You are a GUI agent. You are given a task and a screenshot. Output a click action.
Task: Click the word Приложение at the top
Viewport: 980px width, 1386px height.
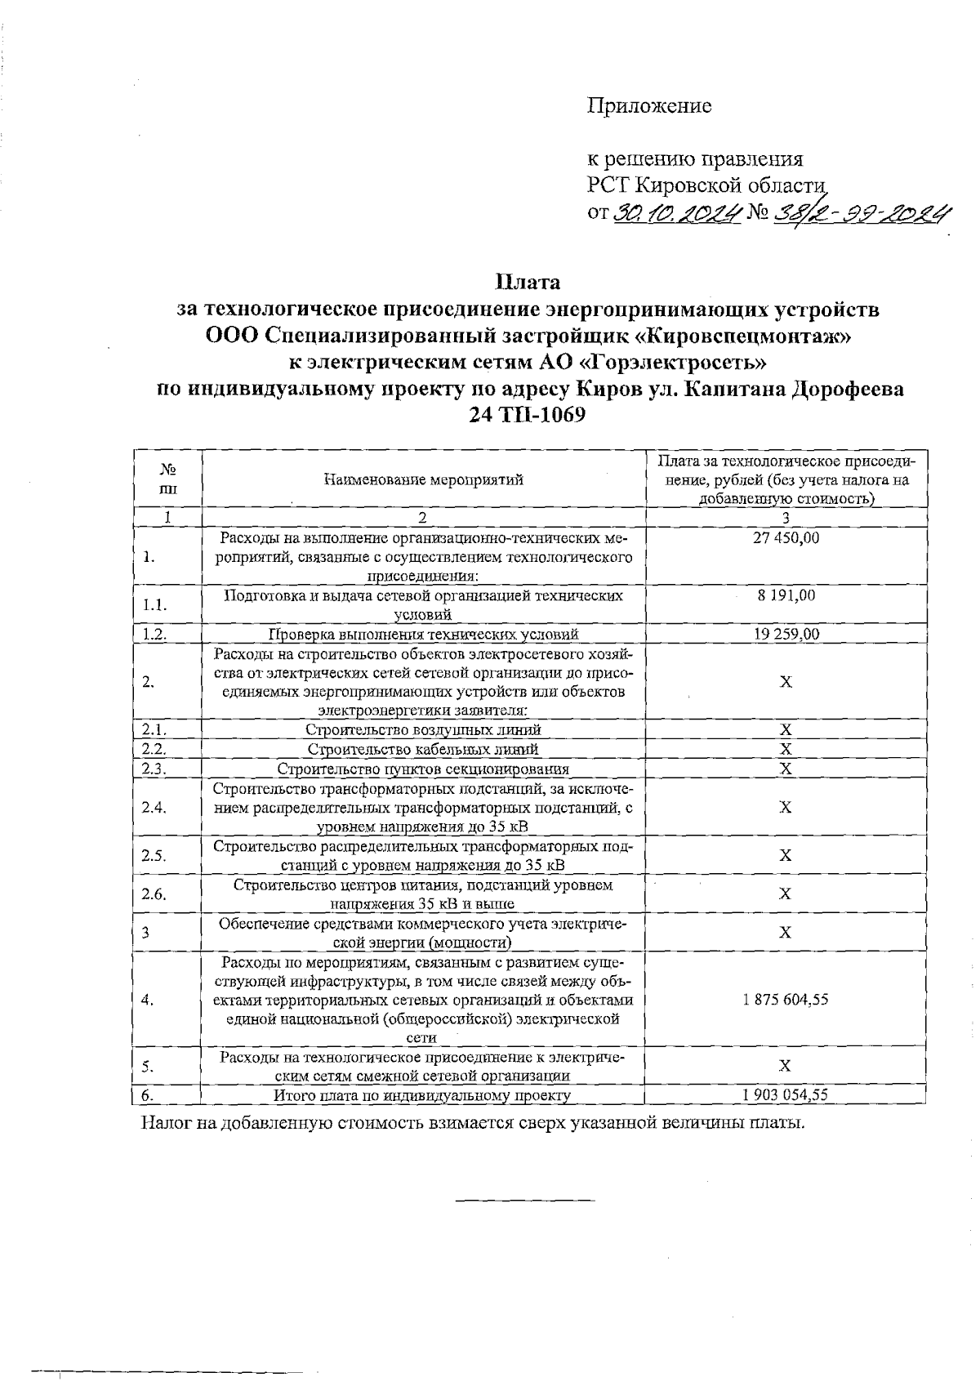[649, 106]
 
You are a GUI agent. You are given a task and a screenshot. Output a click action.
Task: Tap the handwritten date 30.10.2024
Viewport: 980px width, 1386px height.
[676, 213]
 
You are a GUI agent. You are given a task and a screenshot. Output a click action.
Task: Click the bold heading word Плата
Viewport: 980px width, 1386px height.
[528, 283]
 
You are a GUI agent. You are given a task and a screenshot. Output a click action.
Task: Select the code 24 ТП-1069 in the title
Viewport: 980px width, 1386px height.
[528, 415]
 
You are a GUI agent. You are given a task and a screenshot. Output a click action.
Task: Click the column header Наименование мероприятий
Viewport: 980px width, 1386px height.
[423, 479]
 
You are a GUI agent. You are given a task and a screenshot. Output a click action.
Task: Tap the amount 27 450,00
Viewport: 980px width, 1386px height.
[786, 538]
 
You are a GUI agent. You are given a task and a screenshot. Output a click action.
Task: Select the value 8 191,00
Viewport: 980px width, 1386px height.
[786, 595]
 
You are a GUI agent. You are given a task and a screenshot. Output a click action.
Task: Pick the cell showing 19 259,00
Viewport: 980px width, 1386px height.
[786, 634]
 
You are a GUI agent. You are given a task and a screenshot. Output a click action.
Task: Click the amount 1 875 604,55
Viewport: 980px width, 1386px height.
[786, 1000]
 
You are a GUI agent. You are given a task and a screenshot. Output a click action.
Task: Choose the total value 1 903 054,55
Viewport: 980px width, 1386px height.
[786, 1095]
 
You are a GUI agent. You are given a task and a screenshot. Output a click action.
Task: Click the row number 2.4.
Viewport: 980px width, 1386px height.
[154, 807]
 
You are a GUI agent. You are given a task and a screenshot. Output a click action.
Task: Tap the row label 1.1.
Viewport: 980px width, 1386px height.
[154, 605]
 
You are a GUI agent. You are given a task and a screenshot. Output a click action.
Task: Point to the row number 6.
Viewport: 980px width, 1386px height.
[148, 1095]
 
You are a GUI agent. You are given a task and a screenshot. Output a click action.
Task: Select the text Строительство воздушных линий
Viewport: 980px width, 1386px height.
[423, 730]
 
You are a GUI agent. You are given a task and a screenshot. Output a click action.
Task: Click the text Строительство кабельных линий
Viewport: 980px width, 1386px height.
[423, 749]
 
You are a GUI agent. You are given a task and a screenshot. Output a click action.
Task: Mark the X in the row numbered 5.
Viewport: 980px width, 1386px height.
[785, 1066]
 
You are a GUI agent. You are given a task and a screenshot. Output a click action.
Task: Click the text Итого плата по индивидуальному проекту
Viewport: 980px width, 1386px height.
[422, 1096]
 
